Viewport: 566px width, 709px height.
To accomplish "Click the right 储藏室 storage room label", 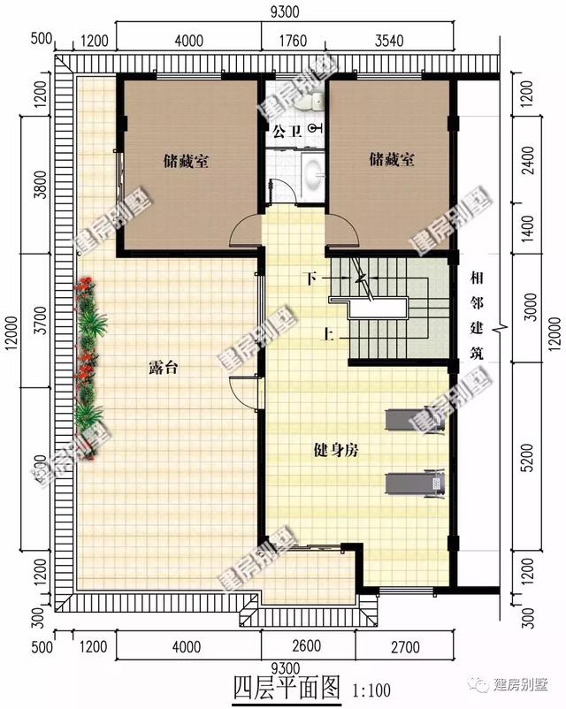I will click(393, 160).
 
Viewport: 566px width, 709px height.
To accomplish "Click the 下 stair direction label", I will click(311, 278).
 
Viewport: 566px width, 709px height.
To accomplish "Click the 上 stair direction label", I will click(328, 334).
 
